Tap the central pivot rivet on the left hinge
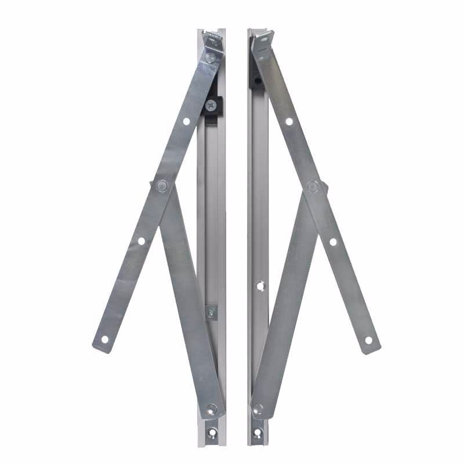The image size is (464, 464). pos(162,186)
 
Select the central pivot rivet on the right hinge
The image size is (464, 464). pos(313,186)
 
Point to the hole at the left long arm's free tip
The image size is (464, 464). pos(105,339)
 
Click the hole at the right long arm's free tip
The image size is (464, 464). pos(368,340)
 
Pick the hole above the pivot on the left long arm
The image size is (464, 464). pos(186,121)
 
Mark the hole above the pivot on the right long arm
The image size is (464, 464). pos(288,121)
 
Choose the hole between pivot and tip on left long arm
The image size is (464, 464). pos(141,241)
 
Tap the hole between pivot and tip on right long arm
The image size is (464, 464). pos(333,241)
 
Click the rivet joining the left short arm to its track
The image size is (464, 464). pos(212,408)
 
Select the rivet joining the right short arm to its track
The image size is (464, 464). pos(259,408)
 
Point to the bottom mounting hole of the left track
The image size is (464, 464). pos(213,432)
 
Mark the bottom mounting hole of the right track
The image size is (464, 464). pos(258,432)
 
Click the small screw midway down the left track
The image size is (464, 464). pos(211,313)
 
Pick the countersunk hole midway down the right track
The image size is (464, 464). pos(259,285)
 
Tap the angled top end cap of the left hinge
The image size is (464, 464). pos(213,41)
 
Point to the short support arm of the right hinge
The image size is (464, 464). pos(284,302)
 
